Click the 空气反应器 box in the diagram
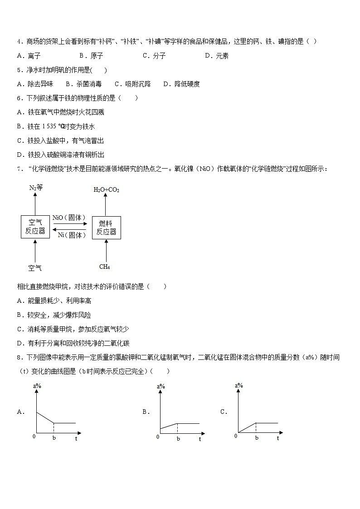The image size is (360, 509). point(35,227)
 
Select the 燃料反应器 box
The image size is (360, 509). point(106,227)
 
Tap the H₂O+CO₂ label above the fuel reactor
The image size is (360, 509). point(106,190)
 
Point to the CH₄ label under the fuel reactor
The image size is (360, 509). point(105,267)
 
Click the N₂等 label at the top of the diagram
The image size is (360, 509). point(35,188)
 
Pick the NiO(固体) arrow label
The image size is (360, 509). point(69,218)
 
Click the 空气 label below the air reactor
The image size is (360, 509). point(35,268)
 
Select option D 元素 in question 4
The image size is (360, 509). point(217,56)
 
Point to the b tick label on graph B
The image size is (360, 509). point(178,439)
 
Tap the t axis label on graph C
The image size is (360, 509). point(278,438)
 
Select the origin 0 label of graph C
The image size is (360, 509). point(236,436)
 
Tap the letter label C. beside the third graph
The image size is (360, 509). point(224,412)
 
